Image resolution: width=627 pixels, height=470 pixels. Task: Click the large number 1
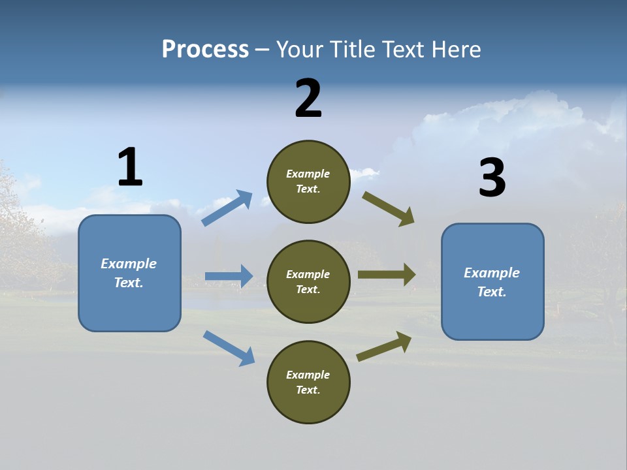[130, 168]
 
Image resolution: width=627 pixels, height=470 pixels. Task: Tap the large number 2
[308, 99]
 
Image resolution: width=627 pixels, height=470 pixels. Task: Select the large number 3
[492, 178]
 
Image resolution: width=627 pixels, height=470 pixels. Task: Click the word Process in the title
[205, 49]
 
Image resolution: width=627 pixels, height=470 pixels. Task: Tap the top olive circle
[308, 181]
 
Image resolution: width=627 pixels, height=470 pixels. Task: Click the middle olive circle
[308, 282]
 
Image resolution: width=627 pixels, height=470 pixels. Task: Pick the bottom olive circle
[308, 383]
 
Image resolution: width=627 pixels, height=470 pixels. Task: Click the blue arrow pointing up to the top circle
[227, 208]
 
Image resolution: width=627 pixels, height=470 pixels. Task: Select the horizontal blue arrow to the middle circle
[229, 276]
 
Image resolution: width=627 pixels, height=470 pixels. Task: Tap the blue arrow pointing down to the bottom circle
[229, 348]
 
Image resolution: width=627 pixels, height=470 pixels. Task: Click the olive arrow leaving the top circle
[389, 209]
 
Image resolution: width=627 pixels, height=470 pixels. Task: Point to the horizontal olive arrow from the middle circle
[387, 275]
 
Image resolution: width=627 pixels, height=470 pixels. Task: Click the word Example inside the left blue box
[129, 264]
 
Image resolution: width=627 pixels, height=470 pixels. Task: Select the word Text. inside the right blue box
[492, 292]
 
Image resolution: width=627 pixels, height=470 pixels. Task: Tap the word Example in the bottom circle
[308, 375]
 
